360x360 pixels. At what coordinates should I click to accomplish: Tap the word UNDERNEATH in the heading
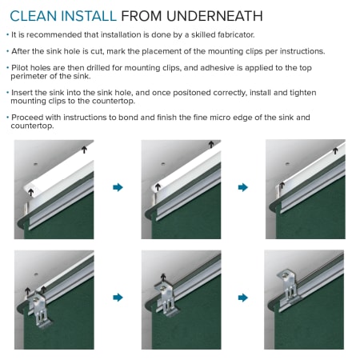click(214, 16)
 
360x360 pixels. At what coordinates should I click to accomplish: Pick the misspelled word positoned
click(192, 93)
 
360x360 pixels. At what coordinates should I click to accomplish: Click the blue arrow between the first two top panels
click(118, 187)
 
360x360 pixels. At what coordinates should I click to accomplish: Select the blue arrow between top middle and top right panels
click(243, 187)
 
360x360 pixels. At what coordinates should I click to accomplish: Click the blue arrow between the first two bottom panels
click(118, 298)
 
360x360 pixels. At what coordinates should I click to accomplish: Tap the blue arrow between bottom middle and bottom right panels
click(243, 298)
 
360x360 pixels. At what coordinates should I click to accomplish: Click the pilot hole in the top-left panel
click(35, 164)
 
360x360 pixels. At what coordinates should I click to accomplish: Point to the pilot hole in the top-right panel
click(287, 164)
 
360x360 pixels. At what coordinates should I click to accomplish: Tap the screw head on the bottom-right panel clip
click(286, 276)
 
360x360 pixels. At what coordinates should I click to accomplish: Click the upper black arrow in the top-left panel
click(84, 150)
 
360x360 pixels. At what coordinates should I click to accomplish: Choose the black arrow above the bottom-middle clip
click(163, 278)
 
